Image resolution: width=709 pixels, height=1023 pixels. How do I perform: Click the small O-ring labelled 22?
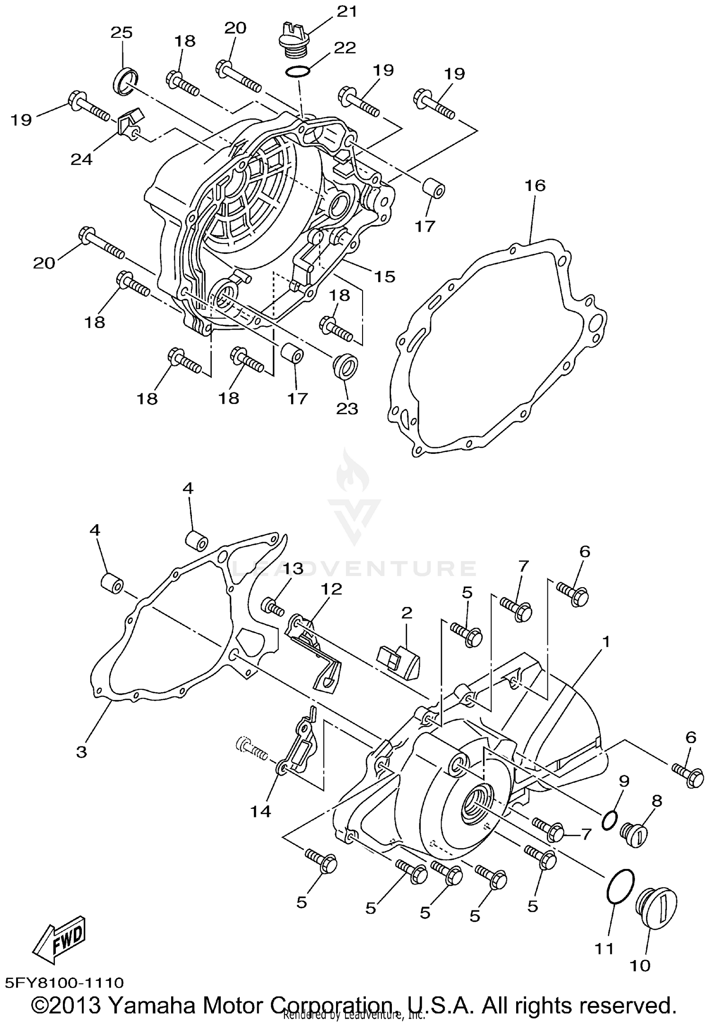tap(298, 72)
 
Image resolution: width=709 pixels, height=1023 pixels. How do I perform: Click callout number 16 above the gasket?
tap(535, 185)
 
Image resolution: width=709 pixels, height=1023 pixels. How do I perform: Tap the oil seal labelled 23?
tap(345, 365)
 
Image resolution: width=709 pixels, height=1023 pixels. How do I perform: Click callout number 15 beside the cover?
tap(384, 277)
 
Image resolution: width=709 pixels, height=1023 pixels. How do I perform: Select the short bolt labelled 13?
tap(273, 607)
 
